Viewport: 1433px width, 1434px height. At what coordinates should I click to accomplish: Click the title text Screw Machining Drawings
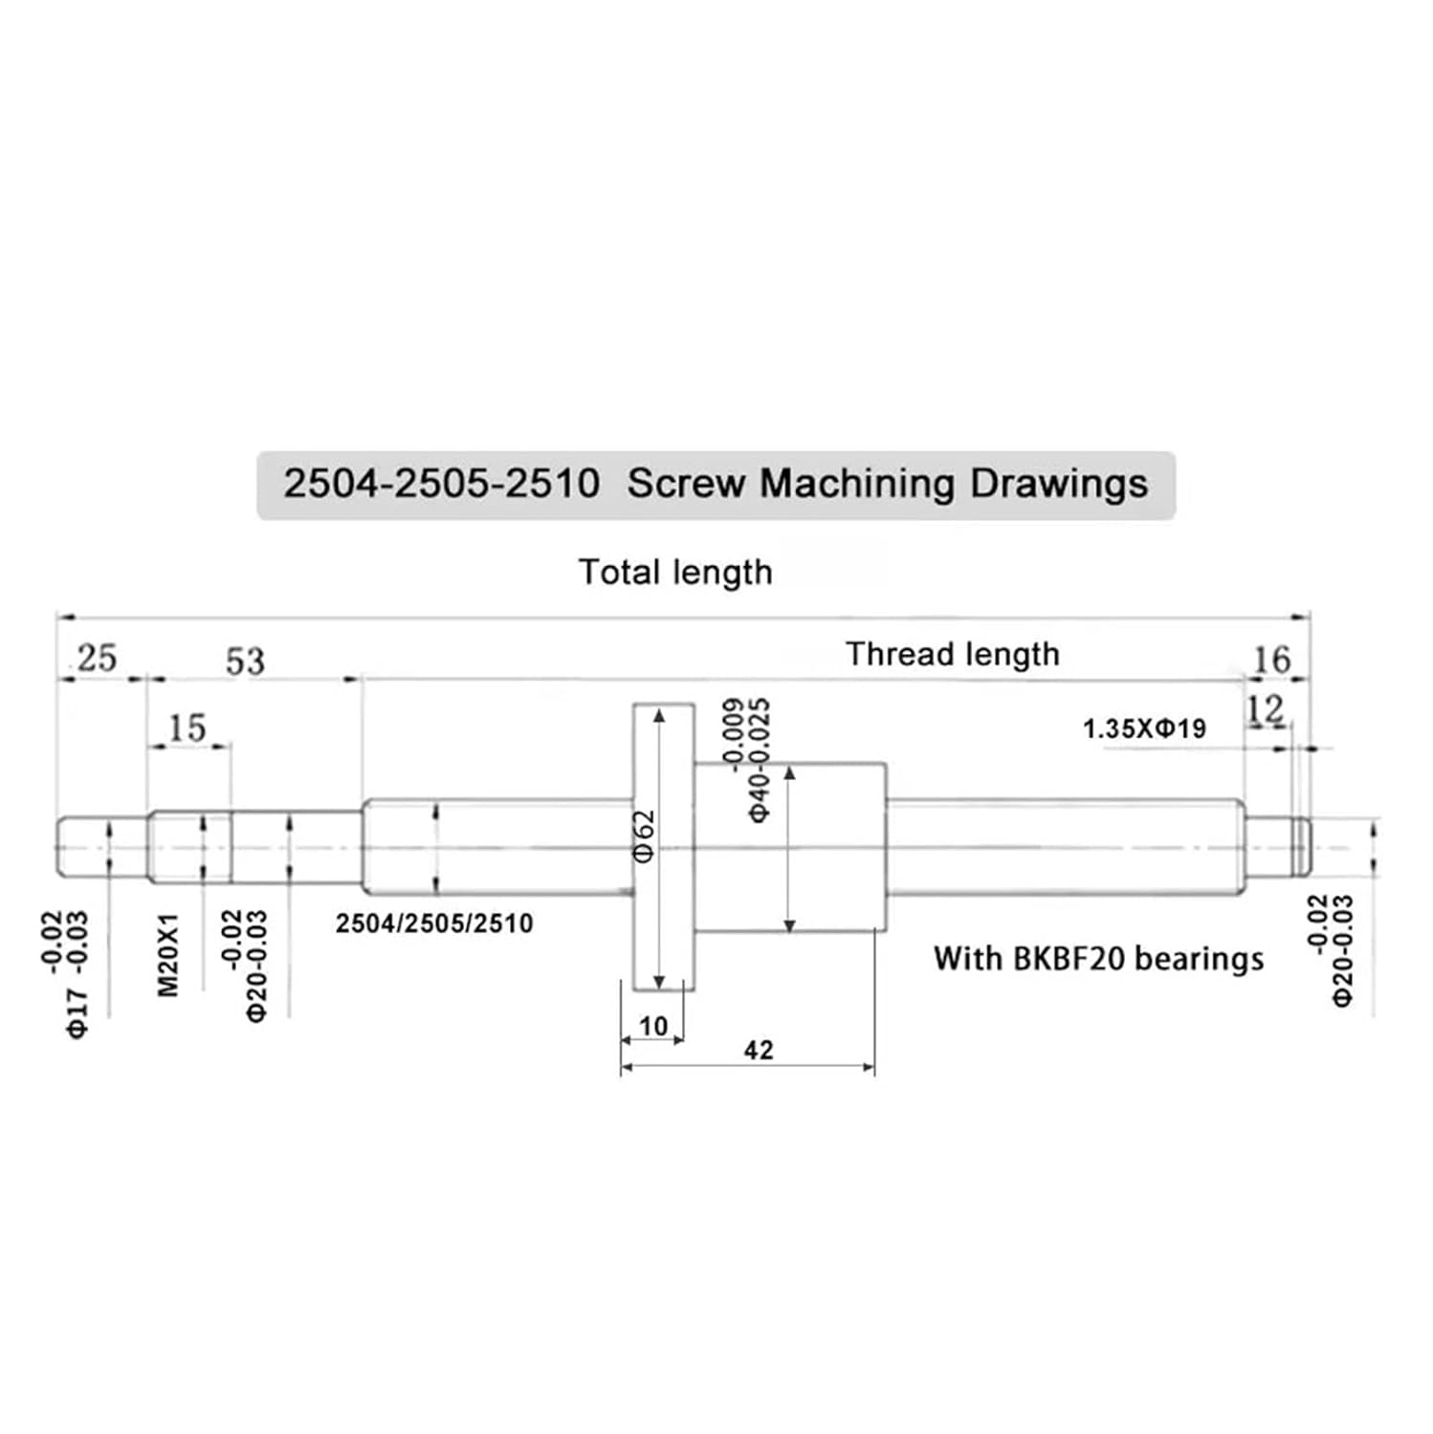point(887,484)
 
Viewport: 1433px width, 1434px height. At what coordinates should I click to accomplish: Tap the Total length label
point(675,573)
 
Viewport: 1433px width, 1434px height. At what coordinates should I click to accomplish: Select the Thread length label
point(952,655)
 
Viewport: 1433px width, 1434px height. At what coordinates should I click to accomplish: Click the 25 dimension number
point(97,659)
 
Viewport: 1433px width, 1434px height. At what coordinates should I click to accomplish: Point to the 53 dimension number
point(244,662)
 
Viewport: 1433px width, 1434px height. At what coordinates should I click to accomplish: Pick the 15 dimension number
point(187,728)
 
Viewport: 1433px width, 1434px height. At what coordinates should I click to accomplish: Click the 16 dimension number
point(1271,660)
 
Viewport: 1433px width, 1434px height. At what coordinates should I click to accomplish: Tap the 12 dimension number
point(1265,710)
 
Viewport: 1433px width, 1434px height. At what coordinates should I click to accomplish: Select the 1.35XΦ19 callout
point(1144,729)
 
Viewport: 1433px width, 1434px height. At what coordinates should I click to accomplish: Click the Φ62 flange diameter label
point(645,836)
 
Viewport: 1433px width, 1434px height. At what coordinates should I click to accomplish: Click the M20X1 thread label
point(168,955)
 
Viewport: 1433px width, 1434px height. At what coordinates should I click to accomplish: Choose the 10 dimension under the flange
point(652,1027)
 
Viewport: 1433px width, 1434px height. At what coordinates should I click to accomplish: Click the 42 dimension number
point(758,1051)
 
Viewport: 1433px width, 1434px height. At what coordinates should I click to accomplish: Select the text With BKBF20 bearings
point(1098,959)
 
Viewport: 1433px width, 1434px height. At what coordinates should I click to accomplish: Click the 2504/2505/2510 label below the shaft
point(434,923)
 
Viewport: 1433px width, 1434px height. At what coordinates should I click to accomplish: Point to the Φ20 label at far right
point(1343,977)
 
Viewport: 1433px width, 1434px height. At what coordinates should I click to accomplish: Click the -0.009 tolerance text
point(734,734)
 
